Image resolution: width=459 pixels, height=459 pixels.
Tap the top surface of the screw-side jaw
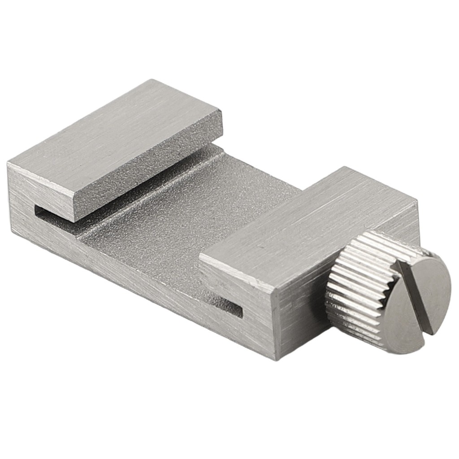pos(309,224)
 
